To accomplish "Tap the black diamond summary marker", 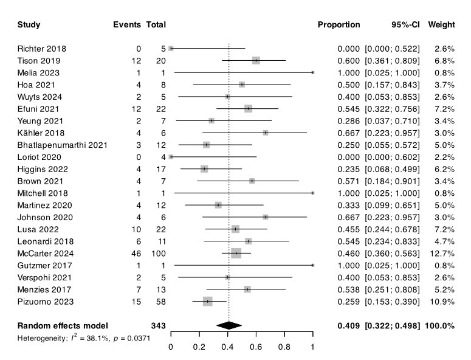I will (x=229, y=325).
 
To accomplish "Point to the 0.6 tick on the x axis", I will (x=256, y=347).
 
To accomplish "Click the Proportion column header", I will (x=339, y=25).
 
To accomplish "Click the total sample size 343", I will (x=158, y=325).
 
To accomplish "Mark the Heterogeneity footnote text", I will (x=83, y=337).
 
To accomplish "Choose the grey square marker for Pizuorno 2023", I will (x=207, y=301).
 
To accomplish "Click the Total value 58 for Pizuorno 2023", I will (x=160, y=301).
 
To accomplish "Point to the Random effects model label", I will (x=63, y=325).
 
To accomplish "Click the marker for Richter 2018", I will (x=171, y=48).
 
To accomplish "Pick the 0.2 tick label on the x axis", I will (x=199, y=347).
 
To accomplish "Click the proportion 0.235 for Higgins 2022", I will (x=349, y=168).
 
